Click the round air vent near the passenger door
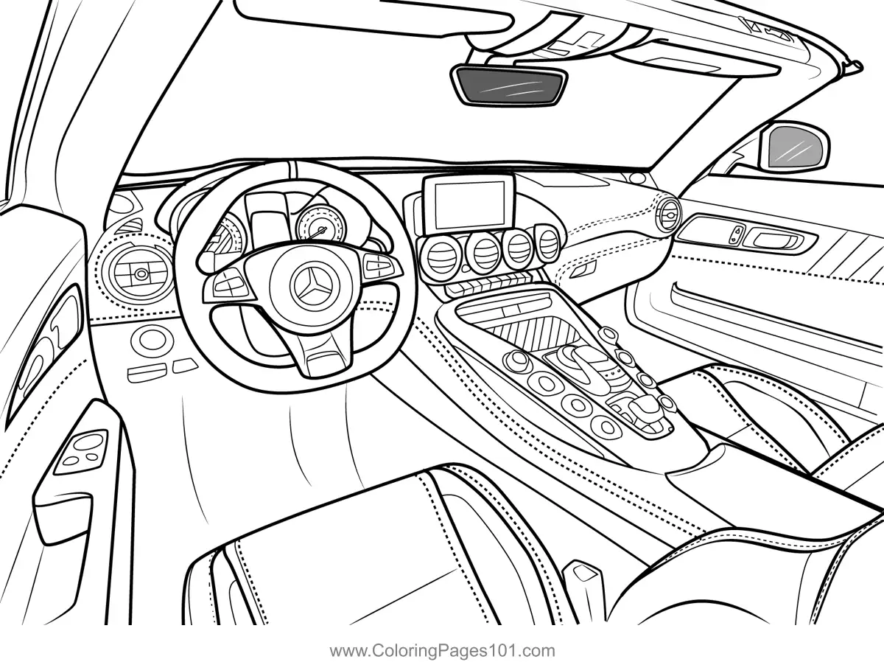(669, 215)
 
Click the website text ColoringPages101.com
(442, 650)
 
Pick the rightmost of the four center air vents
(547, 243)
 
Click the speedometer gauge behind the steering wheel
(319, 223)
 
